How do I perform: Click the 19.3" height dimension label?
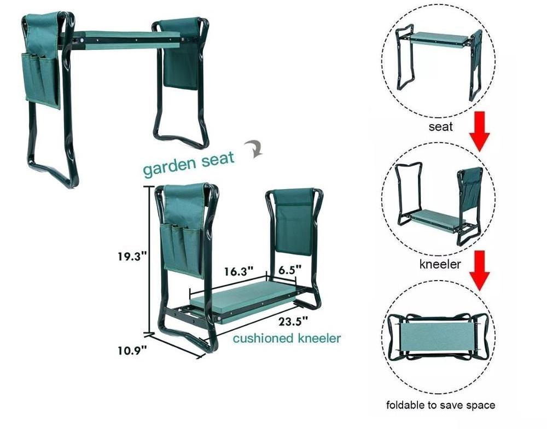[x=131, y=257]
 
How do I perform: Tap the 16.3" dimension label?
[x=238, y=271]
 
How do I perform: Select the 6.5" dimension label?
[x=289, y=270]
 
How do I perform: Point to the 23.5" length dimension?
[x=293, y=321]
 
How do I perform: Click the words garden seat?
[x=188, y=164]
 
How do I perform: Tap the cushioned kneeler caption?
[x=287, y=338]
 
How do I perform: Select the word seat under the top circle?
[x=440, y=126]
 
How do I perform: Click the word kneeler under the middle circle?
[x=440, y=264]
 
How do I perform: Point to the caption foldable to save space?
[x=440, y=405]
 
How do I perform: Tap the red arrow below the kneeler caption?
[x=480, y=270]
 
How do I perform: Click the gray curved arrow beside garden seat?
[x=254, y=149]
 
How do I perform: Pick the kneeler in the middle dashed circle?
[x=439, y=204]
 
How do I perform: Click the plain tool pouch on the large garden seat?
[x=182, y=54]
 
